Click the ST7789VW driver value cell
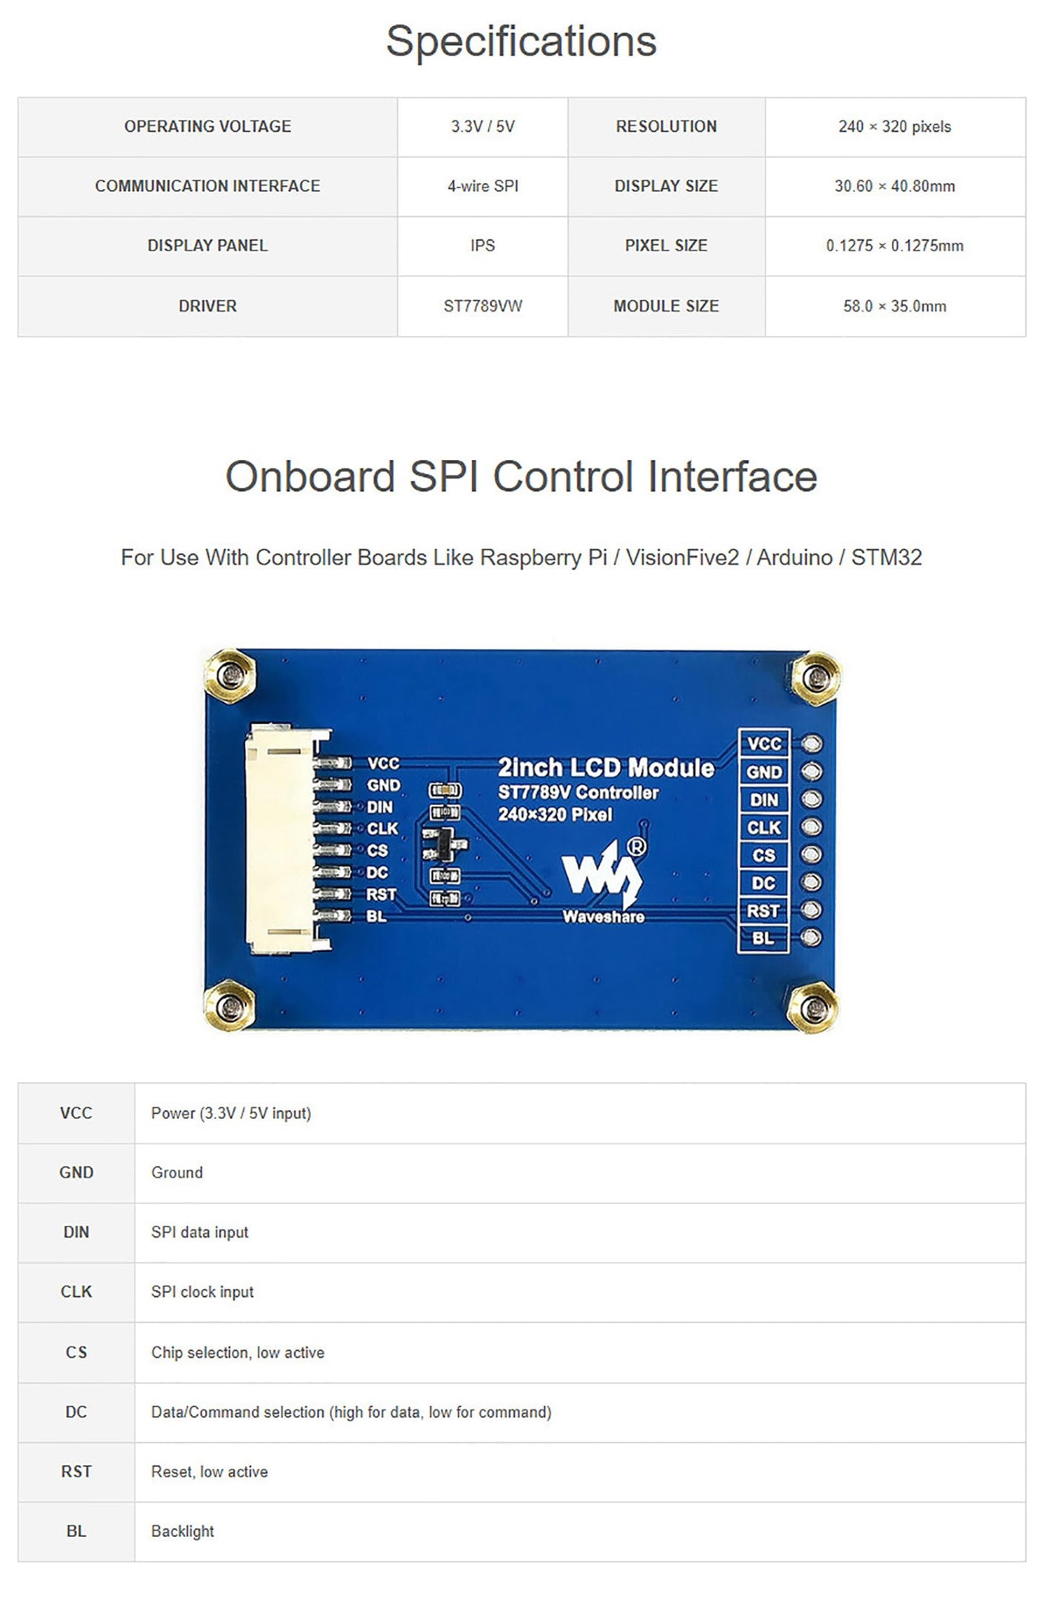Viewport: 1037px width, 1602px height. pyautogui.click(x=482, y=306)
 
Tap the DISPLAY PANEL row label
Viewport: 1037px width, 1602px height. pyautogui.click(x=207, y=245)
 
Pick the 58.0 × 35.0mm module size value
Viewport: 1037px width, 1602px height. pyautogui.click(x=895, y=306)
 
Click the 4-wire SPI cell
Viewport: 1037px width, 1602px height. pyautogui.click(x=482, y=186)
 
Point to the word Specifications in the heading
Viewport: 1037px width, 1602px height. pyautogui.click(x=521, y=41)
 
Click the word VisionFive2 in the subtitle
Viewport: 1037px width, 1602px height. pyautogui.click(x=682, y=557)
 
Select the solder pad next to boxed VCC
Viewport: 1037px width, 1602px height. pyautogui.click(x=813, y=744)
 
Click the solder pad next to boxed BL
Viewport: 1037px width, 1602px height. pyautogui.click(x=813, y=938)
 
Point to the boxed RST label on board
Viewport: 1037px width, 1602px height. pyautogui.click(x=763, y=910)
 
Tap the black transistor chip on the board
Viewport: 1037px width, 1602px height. pyautogui.click(x=442, y=844)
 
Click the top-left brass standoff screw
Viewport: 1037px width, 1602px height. pyautogui.click(x=231, y=675)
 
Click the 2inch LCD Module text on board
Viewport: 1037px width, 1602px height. pyautogui.click(x=606, y=768)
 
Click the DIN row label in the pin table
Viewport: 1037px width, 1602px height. pyautogui.click(x=76, y=1232)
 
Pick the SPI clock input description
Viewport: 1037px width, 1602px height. pyautogui.click(x=202, y=1292)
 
